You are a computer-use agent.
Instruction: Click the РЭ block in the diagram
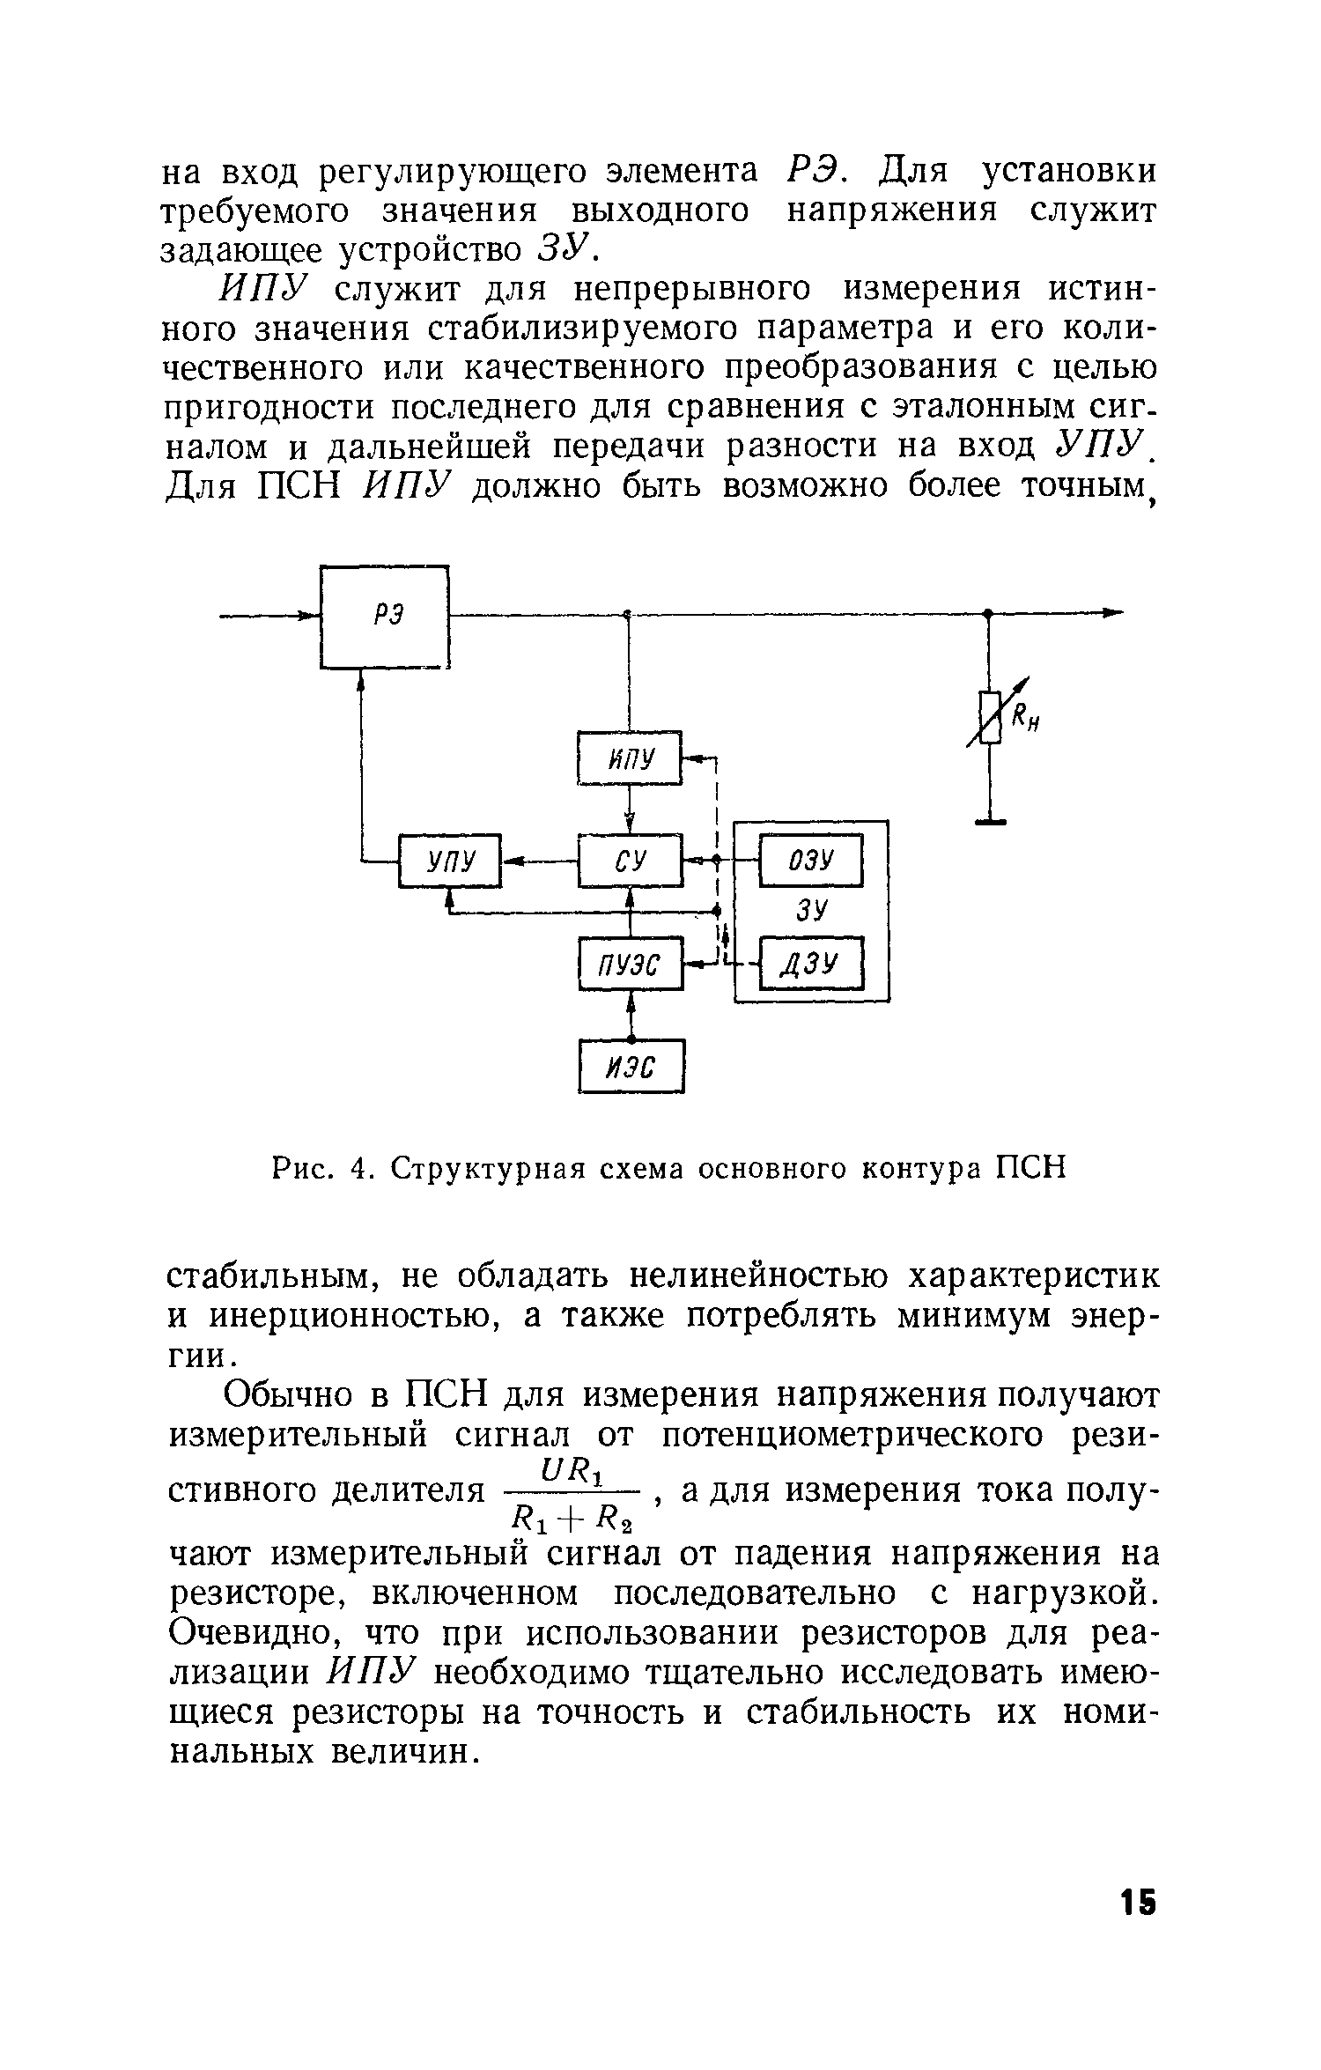pos(386,617)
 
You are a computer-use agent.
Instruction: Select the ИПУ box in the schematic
pos(631,758)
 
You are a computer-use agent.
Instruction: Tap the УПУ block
pos(450,861)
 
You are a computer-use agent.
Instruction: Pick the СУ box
pos(631,861)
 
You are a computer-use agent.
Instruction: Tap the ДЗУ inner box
pos(811,965)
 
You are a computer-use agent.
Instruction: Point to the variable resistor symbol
pos(990,716)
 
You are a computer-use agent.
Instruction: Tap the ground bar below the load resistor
pos(990,823)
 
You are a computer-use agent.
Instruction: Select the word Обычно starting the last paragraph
pos(290,1394)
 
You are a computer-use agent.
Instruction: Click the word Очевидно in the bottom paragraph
pos(255,1634)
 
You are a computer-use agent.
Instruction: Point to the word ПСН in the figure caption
pos(1030,1168)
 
